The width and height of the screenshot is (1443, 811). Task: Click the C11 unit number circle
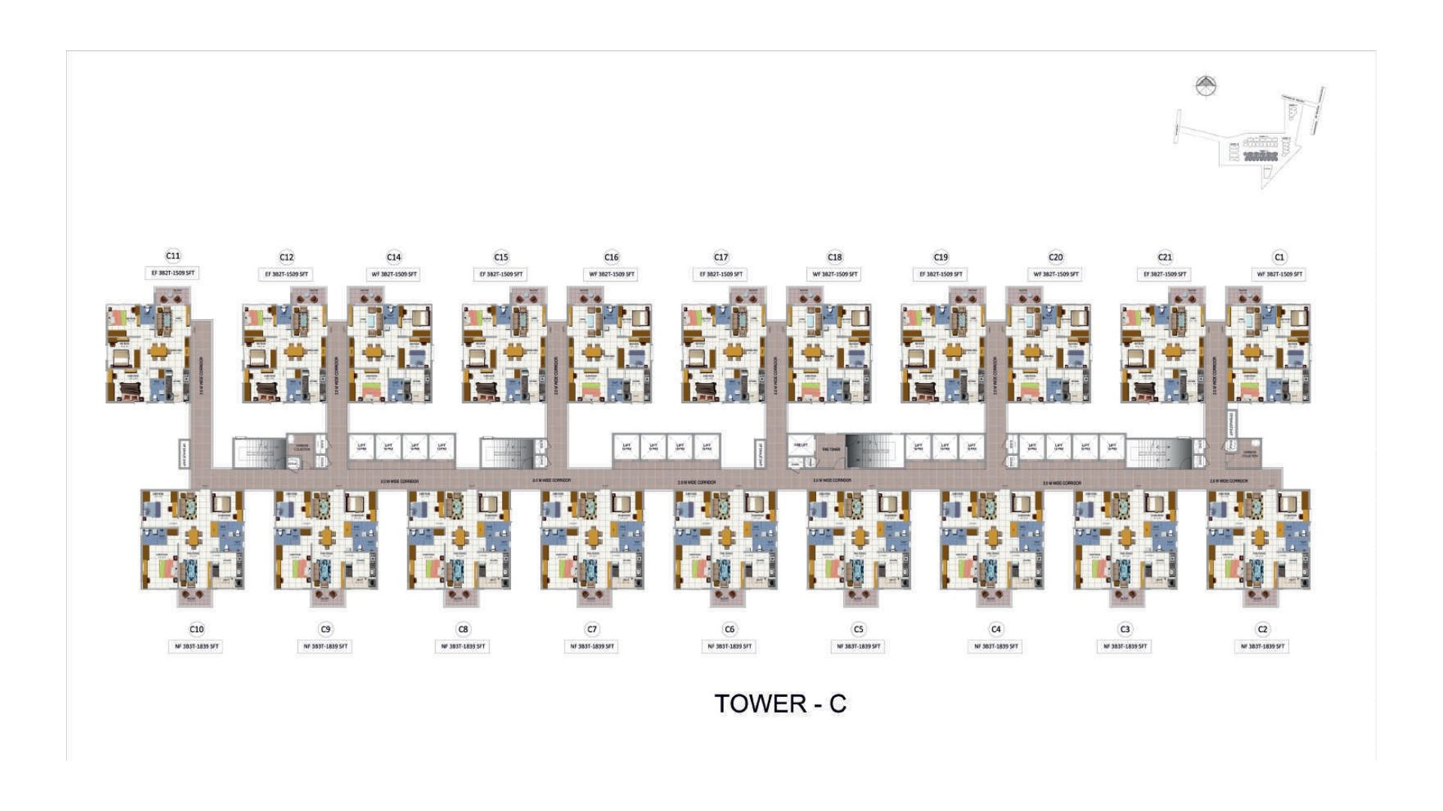pyautogui.click(x=173, y=256)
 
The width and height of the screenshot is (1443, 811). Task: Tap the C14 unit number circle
pyautogui.click(x=394, y=257)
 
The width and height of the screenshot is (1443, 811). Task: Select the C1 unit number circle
pyautogui.click(x=1279, y=257)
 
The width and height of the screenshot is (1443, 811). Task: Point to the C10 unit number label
pyautogui.click(x=196, y=629)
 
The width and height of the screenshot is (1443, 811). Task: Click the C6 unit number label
pyautogui.click(x=729, y=629)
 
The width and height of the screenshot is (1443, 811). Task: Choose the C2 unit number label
pyautogui.click(x=1262, y=629)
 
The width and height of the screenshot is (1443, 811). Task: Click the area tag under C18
pyautogui.click(x=835, y=274)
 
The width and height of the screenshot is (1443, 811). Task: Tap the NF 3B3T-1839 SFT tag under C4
pyautogui.click(x=996, y=646)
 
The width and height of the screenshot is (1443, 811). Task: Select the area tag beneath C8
pyautogui.click(x=463, y=646)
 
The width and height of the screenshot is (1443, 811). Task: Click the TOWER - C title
pyautogui.click(x=780, y=704)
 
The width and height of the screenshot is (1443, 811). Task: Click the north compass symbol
pyautogui.click(x=1206, y=86)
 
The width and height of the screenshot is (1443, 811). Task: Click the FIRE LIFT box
pyautogui.click(x=801, y=445)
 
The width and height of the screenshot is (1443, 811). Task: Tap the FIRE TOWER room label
pyautogui.click(x=830, y=450)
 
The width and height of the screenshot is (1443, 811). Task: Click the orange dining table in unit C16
pyautogui.click(x=594, y=351)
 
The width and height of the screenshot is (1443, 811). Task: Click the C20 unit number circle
pyautogui.click(x=1055, y=257)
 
